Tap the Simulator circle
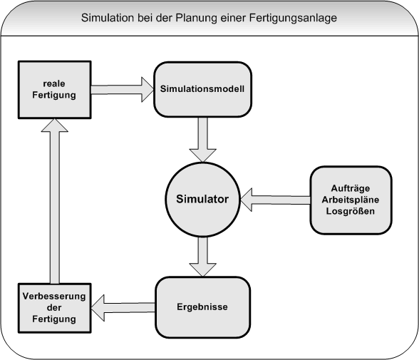[x=202, y=200]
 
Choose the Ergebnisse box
[x=202, y=307]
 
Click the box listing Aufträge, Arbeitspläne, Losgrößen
[x=351, y=200]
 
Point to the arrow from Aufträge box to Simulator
[x=275, y=200]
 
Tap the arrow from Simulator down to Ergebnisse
[x=202, y=257]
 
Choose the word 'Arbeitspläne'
[x=351, y=200]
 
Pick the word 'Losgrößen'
[x=351, y=212]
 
